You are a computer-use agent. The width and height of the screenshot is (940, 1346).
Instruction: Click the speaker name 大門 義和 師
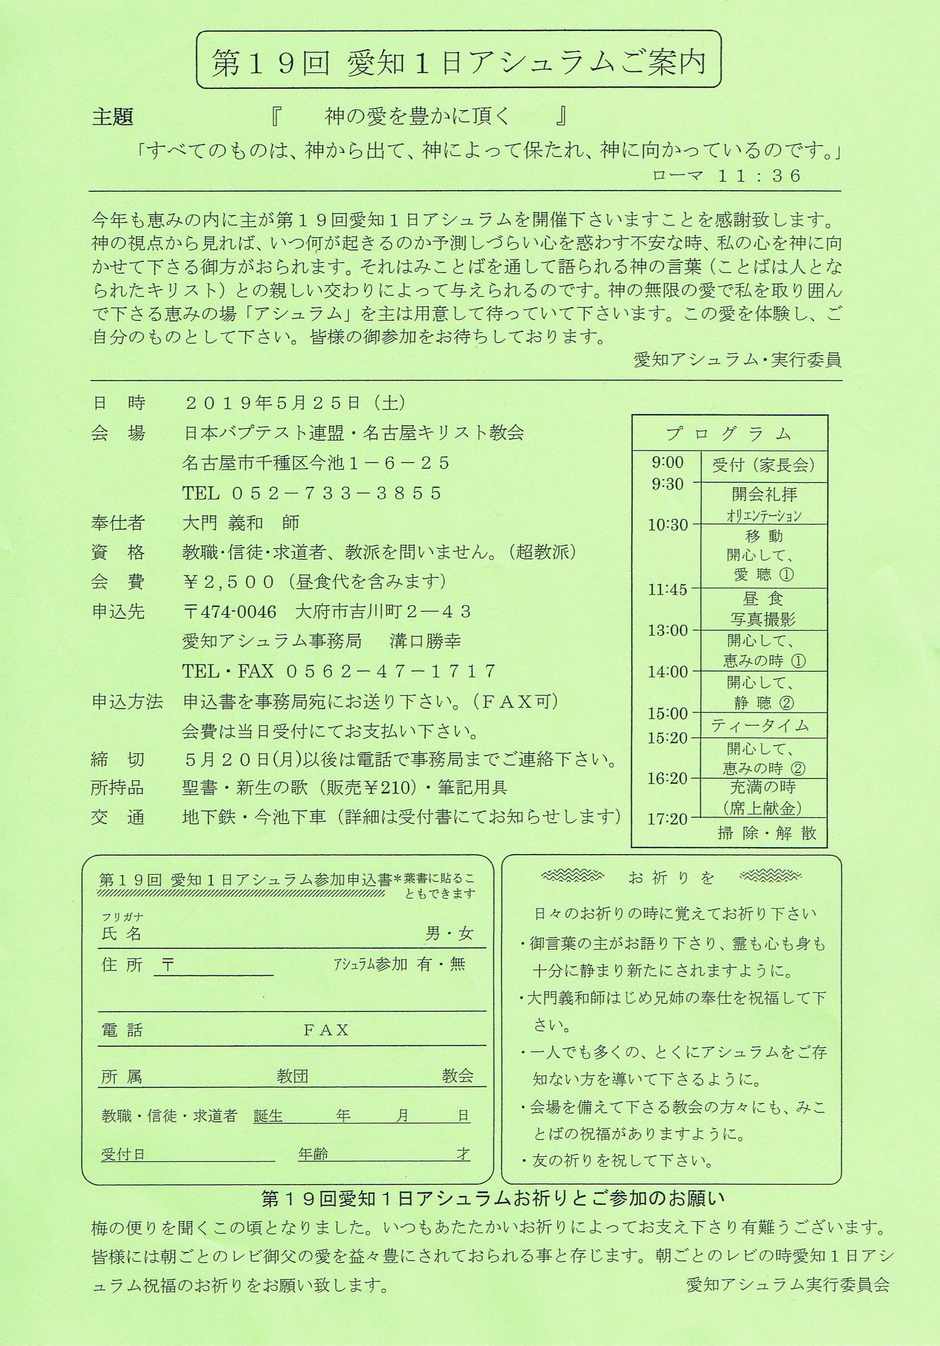[x=240, y=523]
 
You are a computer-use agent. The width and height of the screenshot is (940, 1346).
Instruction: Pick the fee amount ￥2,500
[x=229, y=582]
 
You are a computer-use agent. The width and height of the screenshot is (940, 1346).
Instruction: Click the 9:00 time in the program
[x=667, y=463]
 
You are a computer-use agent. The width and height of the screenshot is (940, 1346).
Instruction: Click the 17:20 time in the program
[x=667, y=818]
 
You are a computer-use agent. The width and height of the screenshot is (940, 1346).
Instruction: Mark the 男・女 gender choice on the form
[x=449, y=933]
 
